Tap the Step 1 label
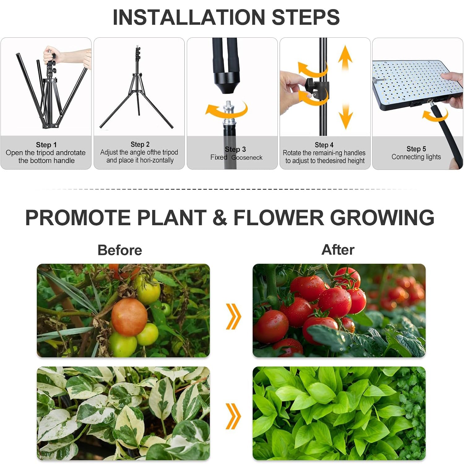pyautogui.click(x=46, y=145)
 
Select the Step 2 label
pyautogui.click(x=140, y=144)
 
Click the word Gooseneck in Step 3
pyautogui.click(x=247, y=157)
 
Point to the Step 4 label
pyautogui.click(x=324, y=145)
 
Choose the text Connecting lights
pyautogui.click(x=416, y=157)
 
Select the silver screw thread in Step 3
pyautogui.click(x=229, y=107)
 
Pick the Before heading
pyautogui.click(x=120, y=250)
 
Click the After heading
pyautogui.click(x=338, y=250)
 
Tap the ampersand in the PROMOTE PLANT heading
pyautogui.click(x=220, y=217)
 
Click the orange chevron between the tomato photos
pyautogui.click(x=233, y=316)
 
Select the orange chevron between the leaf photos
pyautogui.click(x=233, y=416)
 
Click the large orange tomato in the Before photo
pyautogui.click(x=129, y=317)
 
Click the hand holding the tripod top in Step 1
pyautogui.click(x=51, y=54)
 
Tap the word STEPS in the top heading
pyautogui.click(x=305, y=17)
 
